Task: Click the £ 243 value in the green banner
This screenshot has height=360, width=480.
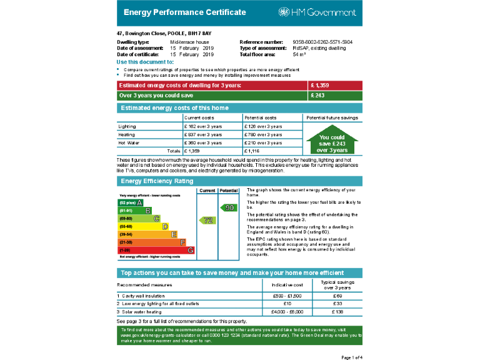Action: (x=318, y=96)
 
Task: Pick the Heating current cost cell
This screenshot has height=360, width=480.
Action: (x=203, y=134)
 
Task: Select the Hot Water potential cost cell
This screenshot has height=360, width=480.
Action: (x=263, y=142)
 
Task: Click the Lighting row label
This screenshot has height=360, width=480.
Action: (x=127, y=126)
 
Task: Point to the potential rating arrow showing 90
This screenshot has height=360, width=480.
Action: (x=228, y=207)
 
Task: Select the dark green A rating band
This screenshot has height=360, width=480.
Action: (x=131, y=202)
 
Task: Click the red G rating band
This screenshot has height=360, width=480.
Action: (x=156, y=250)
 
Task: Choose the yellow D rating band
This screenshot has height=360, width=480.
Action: (x=147, y=234)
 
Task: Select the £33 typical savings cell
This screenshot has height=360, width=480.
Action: (x=337, y=303)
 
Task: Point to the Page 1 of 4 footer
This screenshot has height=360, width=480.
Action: (x=351, y=357)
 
